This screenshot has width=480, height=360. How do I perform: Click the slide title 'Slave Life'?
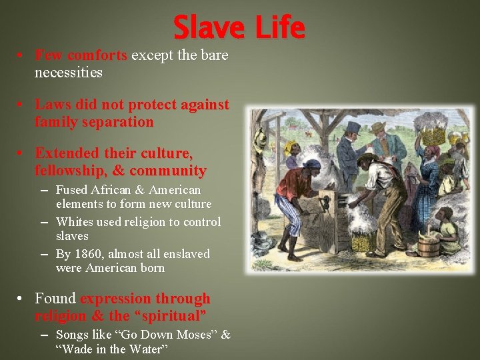click(x=239, y=28)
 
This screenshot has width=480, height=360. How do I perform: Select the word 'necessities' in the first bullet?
click(x=69, y=73)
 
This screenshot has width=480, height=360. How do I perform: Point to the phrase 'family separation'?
click(x=94, y=122)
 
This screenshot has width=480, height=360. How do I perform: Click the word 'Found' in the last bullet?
click(x=55, y=298)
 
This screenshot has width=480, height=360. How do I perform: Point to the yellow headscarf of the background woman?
click(x=290, y=147)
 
